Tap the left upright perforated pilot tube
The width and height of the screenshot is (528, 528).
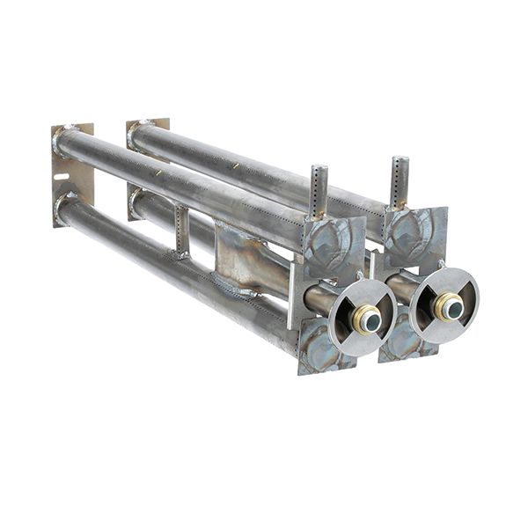click(319, 190)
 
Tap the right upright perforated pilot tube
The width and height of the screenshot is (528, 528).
click(400, 180)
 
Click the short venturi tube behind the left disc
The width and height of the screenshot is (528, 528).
click(319, 299)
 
